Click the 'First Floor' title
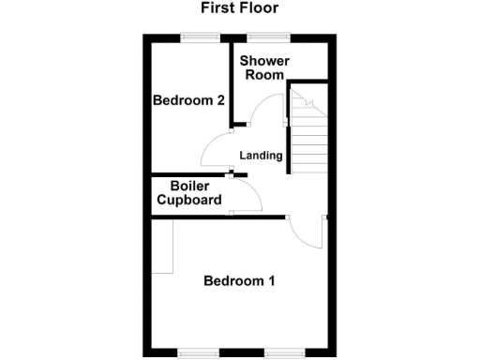click(239, 8)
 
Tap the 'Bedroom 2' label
click(188, 100)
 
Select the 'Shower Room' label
click(264, 67)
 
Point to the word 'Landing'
click(261, 156)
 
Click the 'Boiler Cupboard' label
click(188, 192)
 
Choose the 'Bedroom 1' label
click(239, 280)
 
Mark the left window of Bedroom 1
click(197, 353)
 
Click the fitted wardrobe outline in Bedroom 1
click(163, 246)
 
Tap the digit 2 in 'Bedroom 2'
click(219, 100)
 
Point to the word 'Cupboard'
click(188, 200)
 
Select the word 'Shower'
click(264, 61)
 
